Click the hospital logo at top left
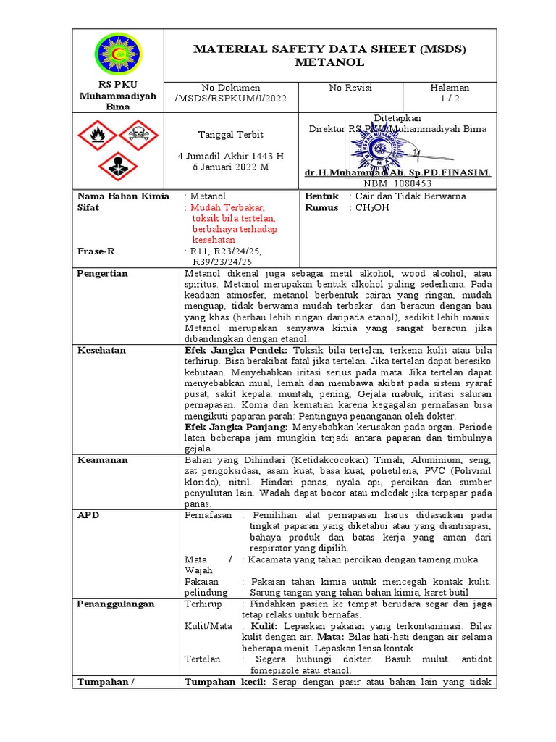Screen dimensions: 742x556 coord(118,56)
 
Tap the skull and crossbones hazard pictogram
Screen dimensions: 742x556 coord(138,133)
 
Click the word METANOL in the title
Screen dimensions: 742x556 coord(330,63)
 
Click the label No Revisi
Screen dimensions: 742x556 coord(350,88)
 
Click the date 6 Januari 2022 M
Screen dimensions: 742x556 coord(230,167)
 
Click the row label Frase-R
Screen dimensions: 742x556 coord(96,251)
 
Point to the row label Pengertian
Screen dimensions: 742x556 coord(102,273)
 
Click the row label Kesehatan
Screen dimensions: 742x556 coord(101,350)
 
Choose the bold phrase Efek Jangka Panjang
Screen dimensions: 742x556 coord(235,427)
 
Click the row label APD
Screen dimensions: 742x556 coord(88,514)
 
